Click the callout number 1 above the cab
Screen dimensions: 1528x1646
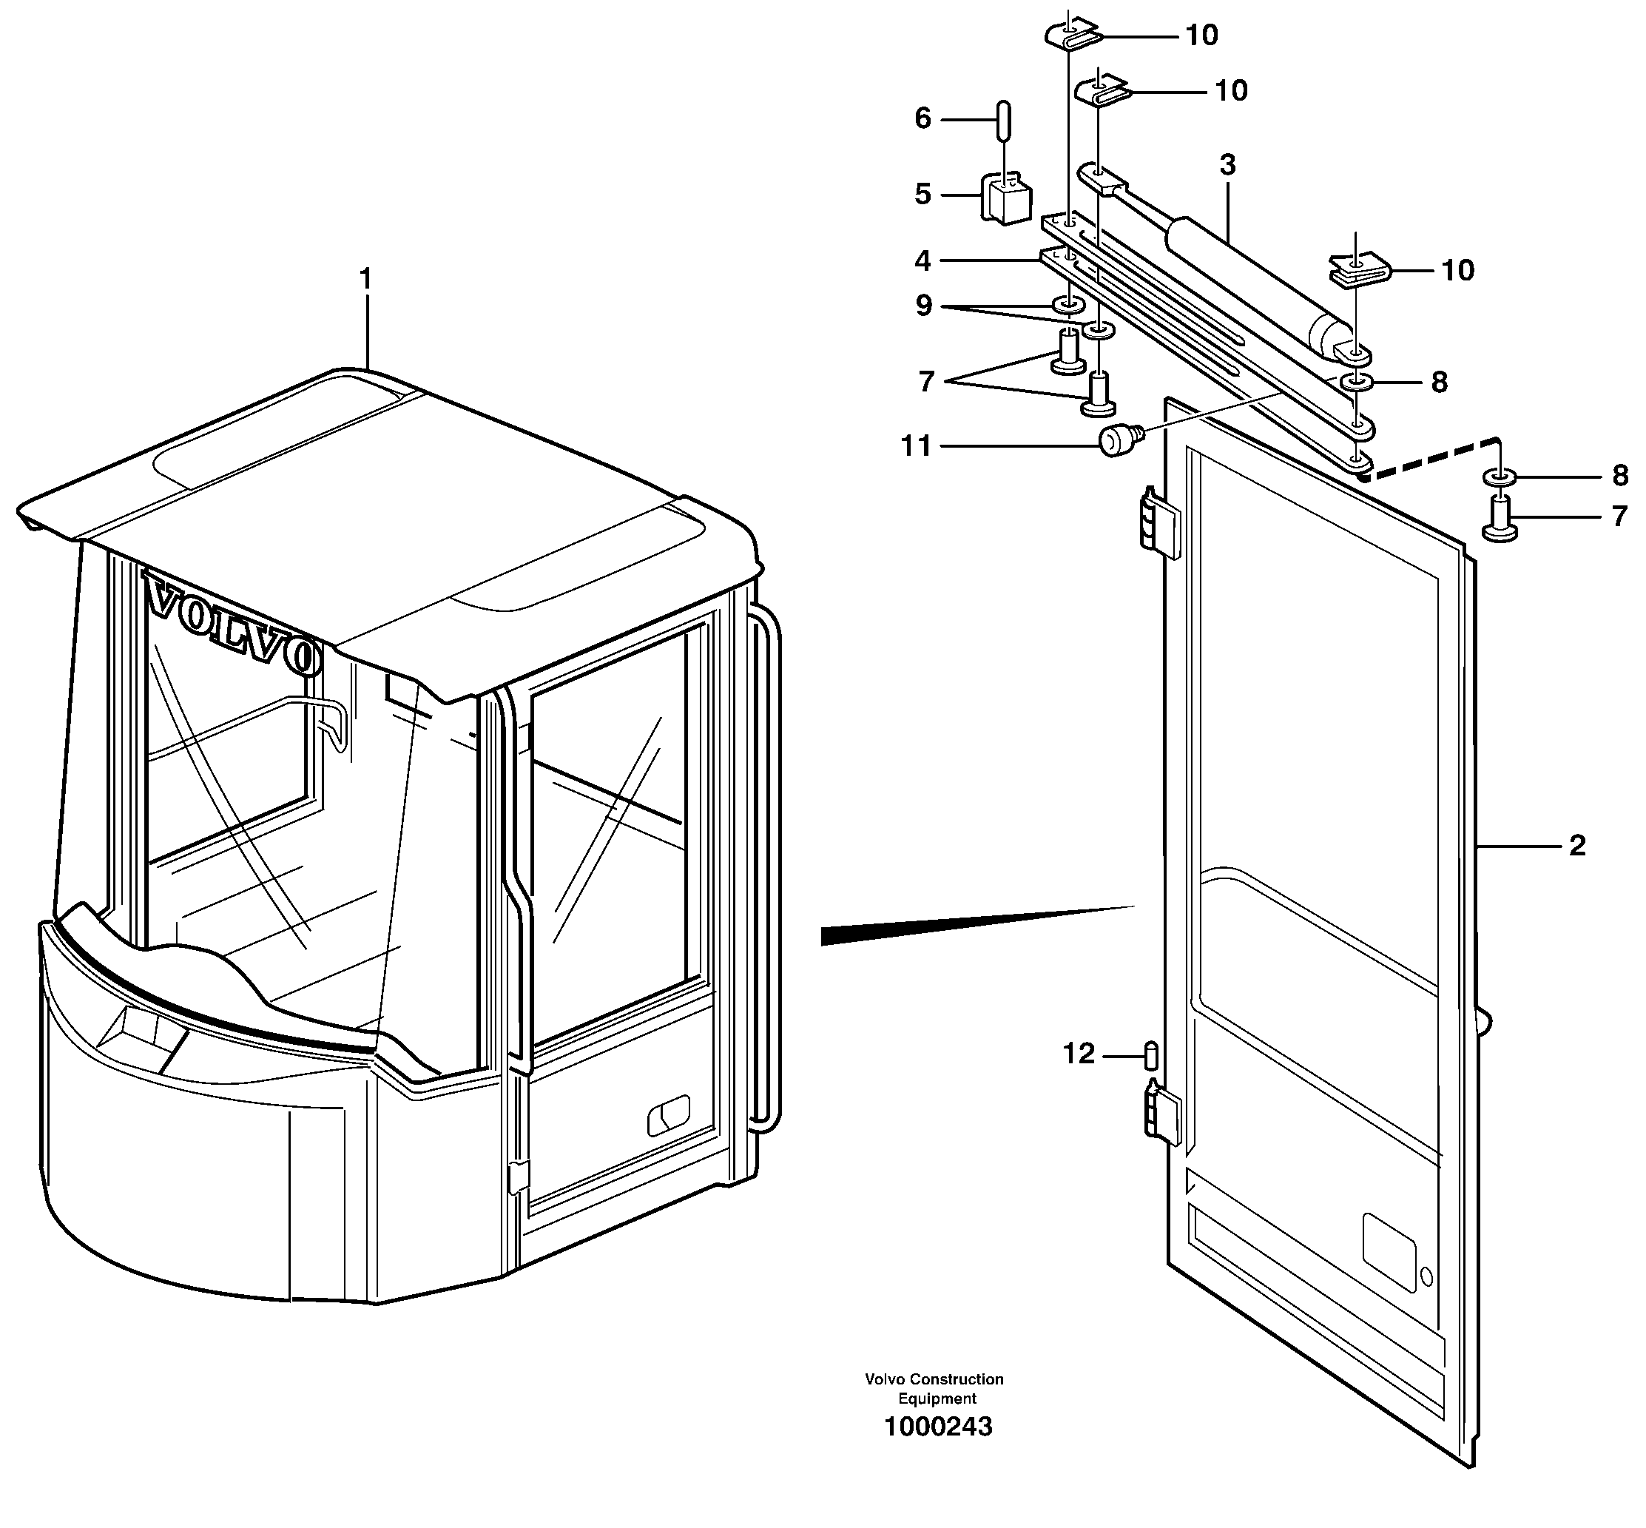[x=365, y=280]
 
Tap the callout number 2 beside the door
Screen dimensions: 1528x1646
[x=1576, y=846]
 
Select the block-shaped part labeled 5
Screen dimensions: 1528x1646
[x=1005, y=198]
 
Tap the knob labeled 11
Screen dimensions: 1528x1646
[x=1117, y=440]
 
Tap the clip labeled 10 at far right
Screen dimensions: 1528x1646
[x=1360, y=270]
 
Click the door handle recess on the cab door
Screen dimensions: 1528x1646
[x=668, y=1117]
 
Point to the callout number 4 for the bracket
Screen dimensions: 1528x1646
[x=922, y=261]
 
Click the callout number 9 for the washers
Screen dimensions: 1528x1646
[x=923, y=306]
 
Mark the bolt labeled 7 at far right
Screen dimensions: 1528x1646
[x=1499, y=519]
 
